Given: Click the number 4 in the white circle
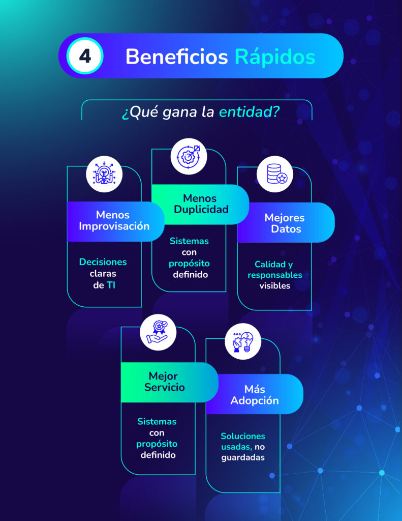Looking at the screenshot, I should tap(85, 56).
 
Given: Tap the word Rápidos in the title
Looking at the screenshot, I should tap(275, 56).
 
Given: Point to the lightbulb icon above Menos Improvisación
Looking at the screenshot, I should tap(104, 174).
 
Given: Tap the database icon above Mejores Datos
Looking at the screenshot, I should tap(274, 174).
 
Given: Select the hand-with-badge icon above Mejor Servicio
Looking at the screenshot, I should tap(158, 332).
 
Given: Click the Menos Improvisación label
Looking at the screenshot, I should tap(114, 220).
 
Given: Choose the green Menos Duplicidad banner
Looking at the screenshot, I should tap(200, 204).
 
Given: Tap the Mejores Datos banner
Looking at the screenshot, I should tap(285, 223).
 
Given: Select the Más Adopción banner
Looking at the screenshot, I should tap(254, 395).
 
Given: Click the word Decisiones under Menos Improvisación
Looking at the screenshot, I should tap(103, 262).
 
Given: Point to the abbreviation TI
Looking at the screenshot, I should tap(111, 285).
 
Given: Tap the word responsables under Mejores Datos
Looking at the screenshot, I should tap(275, 275).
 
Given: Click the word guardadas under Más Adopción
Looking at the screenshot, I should tap(243, 457).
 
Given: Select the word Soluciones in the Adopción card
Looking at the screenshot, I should tap(243, 436).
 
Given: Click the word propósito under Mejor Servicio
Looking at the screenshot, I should tap(157, 444).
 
